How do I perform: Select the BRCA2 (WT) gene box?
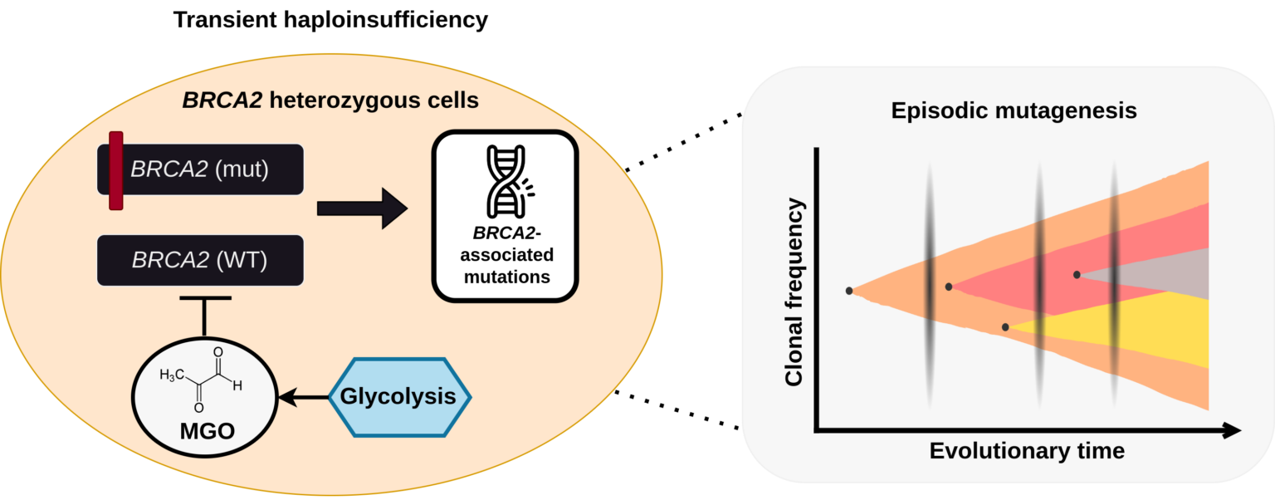[x=199, y=260]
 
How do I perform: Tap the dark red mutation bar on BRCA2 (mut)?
[x=116, y=170]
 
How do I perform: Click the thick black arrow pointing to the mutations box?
[x=362, y=208]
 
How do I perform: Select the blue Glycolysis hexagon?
[x=398, y=397]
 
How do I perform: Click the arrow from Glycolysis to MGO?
[x=304, y=399]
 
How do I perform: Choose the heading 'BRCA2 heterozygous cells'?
[x=330, y=101]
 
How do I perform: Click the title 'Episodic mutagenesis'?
[x=1013, y=110]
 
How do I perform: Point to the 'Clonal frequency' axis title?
[x=794, y=292]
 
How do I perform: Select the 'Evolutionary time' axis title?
[x=1027, y=451]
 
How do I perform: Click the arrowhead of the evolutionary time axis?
[x=1232, y=430]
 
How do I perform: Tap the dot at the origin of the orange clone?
[x=849, y=291]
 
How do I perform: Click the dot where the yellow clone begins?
[x=1005, y=327]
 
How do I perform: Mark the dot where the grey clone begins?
[x=1077, y=274]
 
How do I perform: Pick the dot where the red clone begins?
[x=949, y=287]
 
